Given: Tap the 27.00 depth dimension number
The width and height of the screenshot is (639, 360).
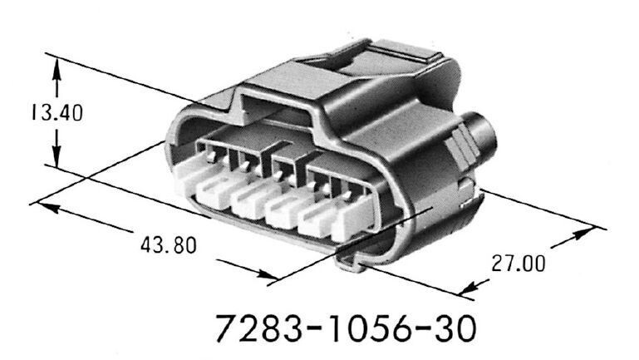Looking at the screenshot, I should tap(518, 264).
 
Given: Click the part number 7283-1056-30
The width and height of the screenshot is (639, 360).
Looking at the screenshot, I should tap(346, 329).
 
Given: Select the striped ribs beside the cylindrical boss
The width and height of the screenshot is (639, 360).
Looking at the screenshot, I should tap(458, 155).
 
